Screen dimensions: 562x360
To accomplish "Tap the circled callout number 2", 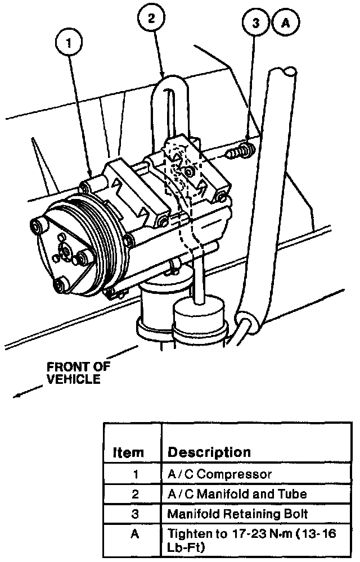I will tap(151, 19).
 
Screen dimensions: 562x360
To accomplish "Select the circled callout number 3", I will tap(256, 23).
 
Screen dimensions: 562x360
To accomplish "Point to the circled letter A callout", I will tap(285, 23).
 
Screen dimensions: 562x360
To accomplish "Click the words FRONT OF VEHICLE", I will tap(78, 373).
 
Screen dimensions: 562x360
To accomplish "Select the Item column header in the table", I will tap(128, 452).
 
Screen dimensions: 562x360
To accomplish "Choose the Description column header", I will tap(209, 452).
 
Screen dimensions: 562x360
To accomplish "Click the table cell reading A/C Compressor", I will tap(220, 474).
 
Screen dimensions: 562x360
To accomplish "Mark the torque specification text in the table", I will tap(251, 540).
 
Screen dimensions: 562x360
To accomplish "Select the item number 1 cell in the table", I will tap(134, 474).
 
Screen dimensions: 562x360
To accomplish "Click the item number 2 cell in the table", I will tap(134, 494).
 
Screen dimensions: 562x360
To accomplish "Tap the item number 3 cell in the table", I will tap(134, 514).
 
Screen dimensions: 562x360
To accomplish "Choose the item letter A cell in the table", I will tap(134, 534).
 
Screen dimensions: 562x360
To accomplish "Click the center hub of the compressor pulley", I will tap(66, 254).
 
